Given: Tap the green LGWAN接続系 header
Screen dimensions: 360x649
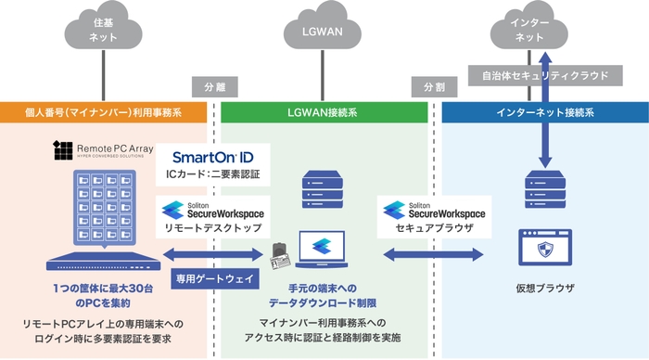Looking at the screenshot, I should (325, 113).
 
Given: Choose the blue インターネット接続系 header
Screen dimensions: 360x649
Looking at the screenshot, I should (544, 113).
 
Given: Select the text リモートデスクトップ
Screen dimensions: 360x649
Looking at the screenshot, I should (212, 227).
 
